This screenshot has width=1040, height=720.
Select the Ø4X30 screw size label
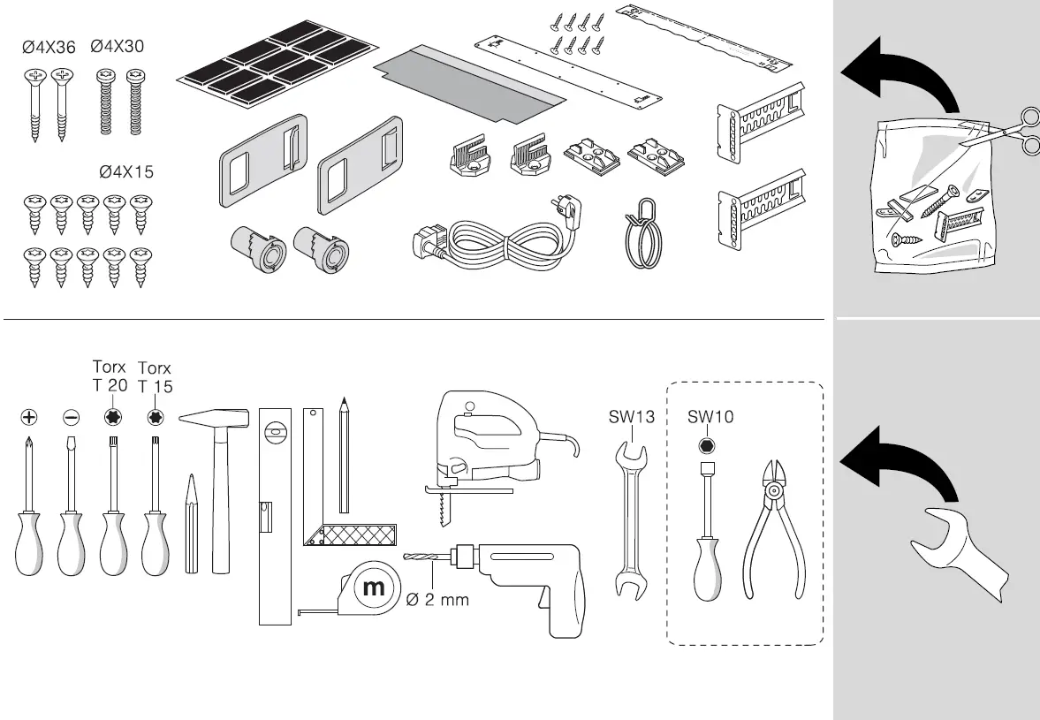[118, 48]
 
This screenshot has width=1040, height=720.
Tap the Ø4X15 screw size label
[126, 172]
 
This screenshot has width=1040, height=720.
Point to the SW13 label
[631, 418]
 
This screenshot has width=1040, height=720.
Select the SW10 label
[710, 418]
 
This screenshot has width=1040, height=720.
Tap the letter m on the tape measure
[374, 587]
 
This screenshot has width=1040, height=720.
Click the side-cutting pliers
[774, 530]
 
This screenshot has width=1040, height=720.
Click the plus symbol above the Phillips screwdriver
[29, 417]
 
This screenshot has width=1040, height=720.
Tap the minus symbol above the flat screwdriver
[71, 417]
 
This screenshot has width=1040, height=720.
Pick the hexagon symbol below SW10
[706, 444]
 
